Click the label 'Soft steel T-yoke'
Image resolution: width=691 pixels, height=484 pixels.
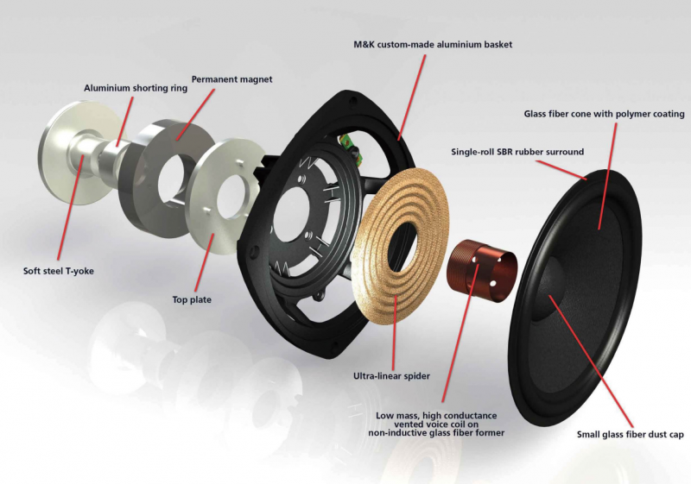[x=58, y=271]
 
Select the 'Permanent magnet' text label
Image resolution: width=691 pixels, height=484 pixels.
[x=231, y=79]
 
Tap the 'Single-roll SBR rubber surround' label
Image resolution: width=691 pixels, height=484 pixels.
[x=517, y=152]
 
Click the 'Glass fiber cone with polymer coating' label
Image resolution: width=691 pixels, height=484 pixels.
[x=604, y=114]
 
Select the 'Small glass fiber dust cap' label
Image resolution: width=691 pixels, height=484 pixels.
[x=630, y=434]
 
